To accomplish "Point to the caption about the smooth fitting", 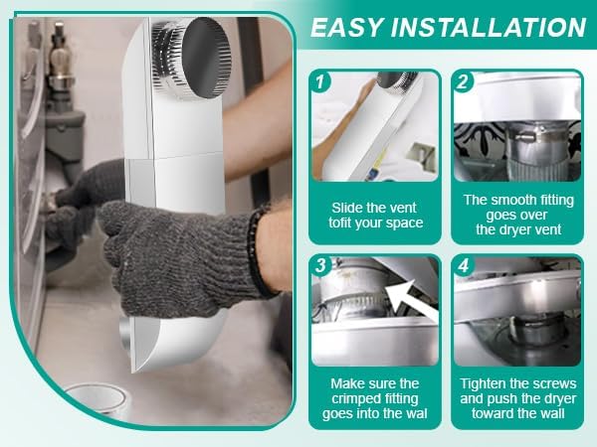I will (x=517, y=214).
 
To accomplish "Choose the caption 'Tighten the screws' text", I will (x=517, y=383).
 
